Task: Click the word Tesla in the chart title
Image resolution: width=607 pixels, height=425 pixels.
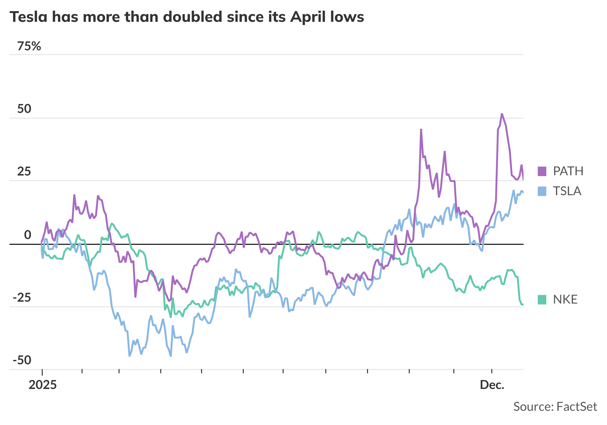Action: [28, 17]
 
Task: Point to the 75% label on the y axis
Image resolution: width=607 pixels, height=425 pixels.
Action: [29, 46]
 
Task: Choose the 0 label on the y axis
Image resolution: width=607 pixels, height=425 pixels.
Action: [28, 235]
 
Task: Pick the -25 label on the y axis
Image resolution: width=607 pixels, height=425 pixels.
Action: [22, 298]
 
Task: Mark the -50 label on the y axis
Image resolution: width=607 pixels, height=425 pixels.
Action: [22, 360]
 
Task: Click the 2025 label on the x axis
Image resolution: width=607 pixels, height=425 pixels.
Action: [43, 385]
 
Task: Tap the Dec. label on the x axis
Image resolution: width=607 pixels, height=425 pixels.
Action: [492, 385]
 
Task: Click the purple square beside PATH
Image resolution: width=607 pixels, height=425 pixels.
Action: [542, 171]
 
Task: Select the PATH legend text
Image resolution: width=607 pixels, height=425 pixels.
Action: [568, 171]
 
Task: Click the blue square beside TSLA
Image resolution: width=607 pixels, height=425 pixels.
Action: [542, 191]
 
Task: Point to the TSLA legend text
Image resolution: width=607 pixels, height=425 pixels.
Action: [567, 191]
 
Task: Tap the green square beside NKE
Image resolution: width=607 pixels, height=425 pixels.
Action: [542, 300]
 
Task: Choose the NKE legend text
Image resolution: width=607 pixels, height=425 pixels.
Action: [565, 300]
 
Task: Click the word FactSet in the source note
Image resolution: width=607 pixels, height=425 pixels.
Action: [577, 407]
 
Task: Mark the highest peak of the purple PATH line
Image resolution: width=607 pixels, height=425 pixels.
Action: [502, 114]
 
